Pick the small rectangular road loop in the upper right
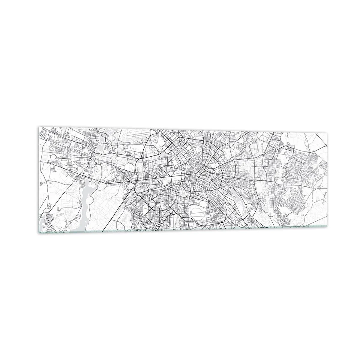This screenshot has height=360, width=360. click(x=289, y=148)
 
